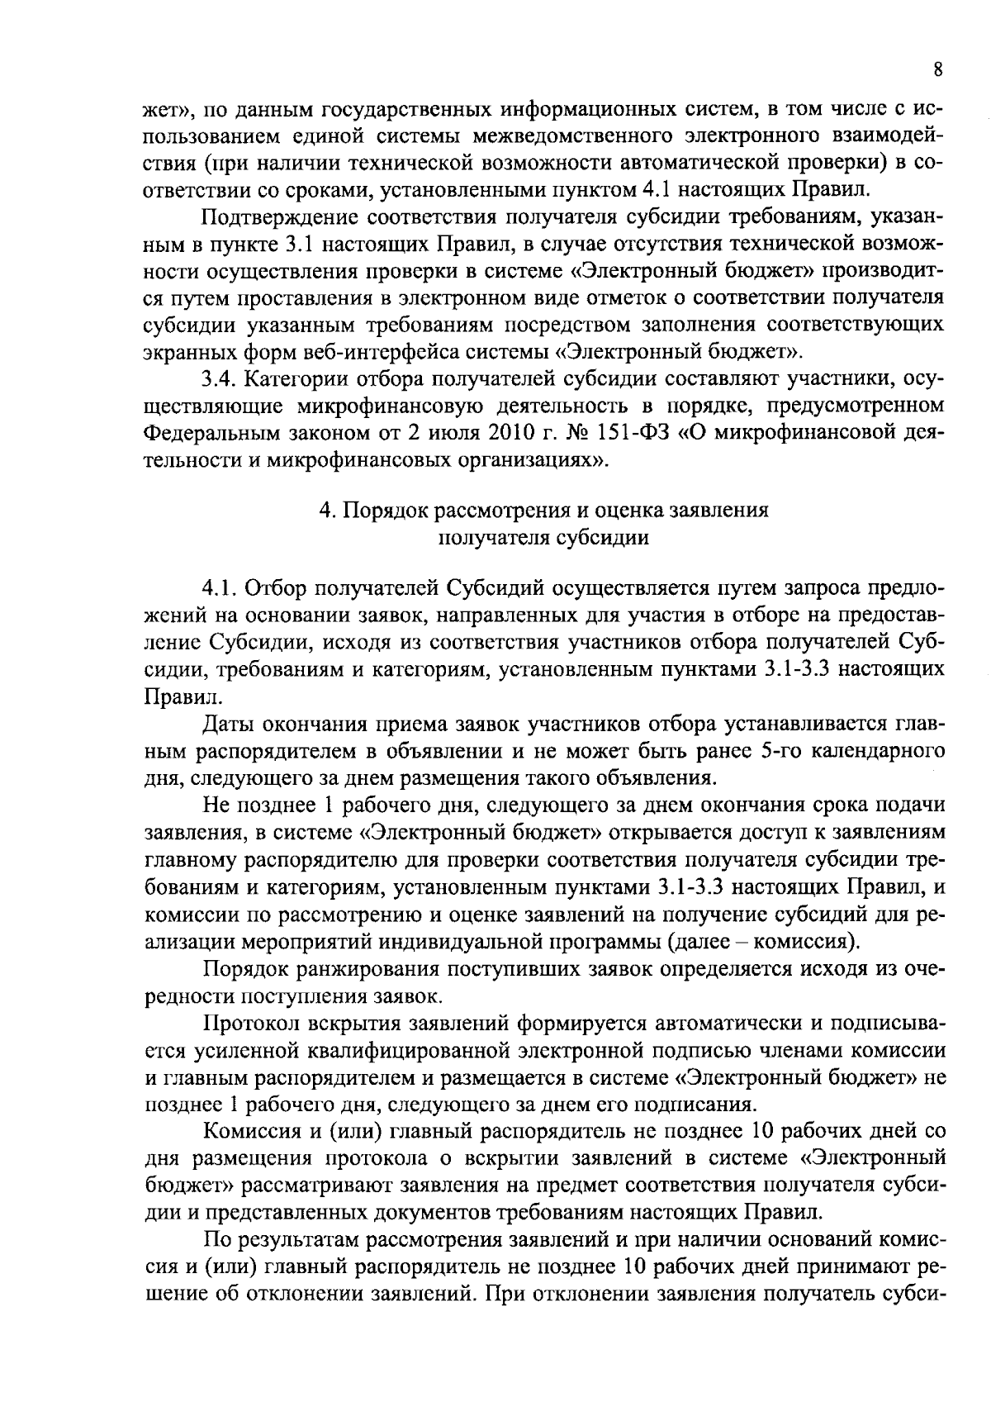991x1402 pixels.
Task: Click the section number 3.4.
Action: tap(219, 379)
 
